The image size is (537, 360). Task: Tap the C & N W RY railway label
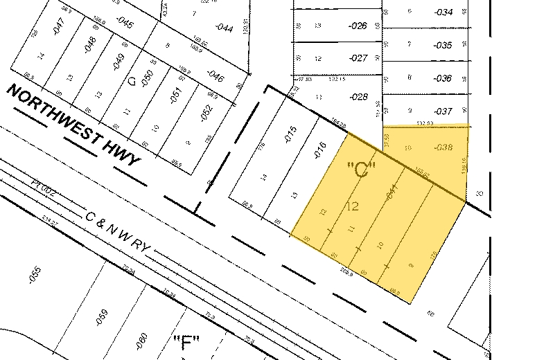117,231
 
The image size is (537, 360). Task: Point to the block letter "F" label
185,341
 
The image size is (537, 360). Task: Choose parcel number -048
88,44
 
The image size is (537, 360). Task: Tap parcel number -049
117,60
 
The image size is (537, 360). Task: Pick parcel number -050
146,77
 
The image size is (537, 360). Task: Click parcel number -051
175,93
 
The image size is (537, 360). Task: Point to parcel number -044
224,28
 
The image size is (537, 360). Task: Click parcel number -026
358,26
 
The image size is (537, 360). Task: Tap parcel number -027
358,58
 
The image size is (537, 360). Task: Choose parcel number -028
359,97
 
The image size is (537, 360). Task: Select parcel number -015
290,134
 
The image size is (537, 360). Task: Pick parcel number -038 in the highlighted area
443,147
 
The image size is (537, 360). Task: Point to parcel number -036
443,78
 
